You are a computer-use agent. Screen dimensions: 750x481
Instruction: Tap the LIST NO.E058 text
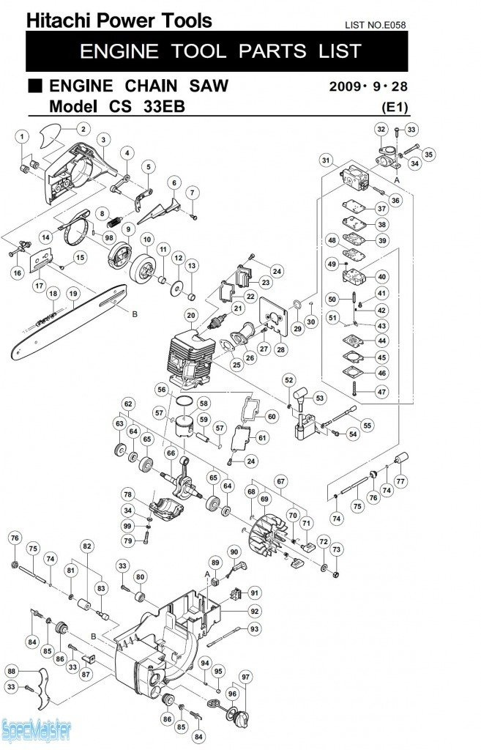coord(375,25)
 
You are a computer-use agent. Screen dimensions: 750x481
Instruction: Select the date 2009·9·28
coord(368,86)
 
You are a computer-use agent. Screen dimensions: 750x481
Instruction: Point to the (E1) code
coord(394,107)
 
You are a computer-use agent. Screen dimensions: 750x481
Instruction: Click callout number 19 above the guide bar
coord(72,294)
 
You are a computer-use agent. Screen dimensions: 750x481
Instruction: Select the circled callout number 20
coord(191,316)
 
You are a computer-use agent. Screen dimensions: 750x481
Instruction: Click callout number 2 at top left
coord(82,129)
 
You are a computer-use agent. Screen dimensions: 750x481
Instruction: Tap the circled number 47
coord(381,391)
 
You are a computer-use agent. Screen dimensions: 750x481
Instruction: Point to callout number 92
coord(254,611)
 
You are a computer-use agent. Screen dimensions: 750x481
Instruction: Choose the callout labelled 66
coord(170,453)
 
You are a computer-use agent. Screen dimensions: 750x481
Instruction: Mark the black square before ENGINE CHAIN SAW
coord(35,86)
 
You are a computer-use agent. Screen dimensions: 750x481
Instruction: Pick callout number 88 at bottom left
coord(12,671)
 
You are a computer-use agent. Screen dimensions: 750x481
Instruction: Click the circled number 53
coord(319,398)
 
